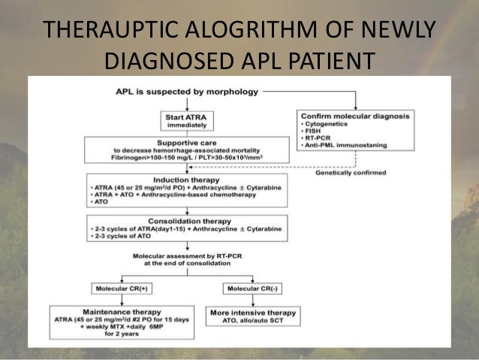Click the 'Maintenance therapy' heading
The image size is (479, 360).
(x=123, y=311)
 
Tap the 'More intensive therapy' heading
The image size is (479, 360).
(x=252, y=311)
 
